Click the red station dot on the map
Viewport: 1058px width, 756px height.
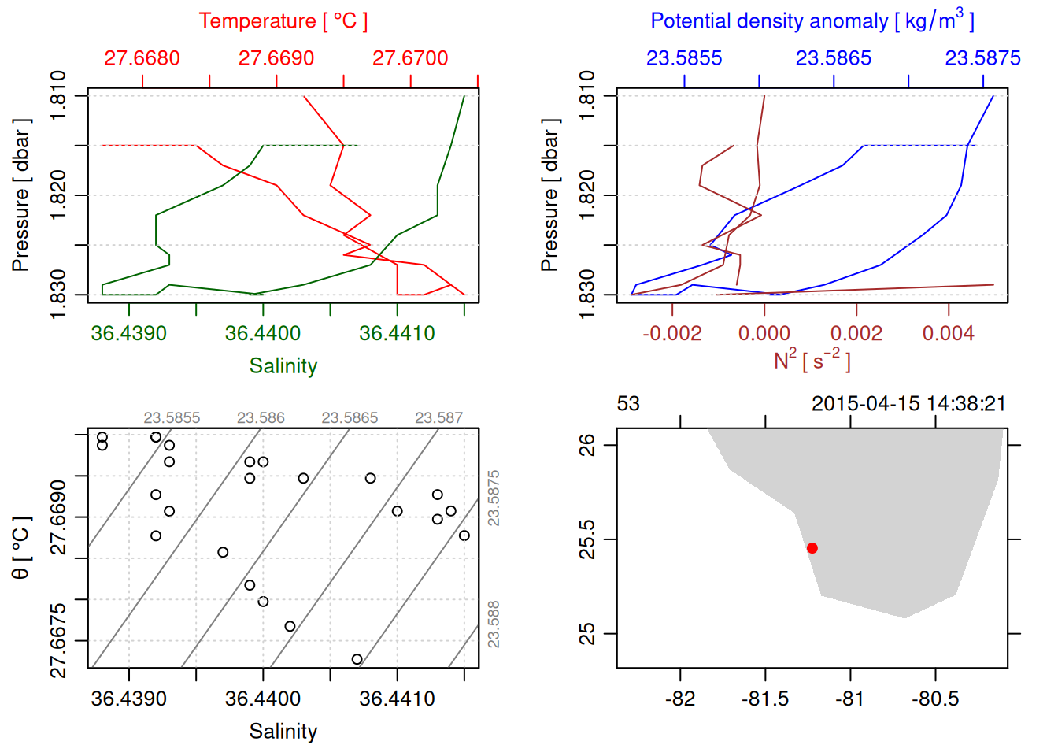coord(812,548)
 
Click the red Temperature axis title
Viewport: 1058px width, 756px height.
coord(283,21)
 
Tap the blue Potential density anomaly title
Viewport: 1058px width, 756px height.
coord(812,21)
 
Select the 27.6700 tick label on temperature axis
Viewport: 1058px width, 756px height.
coord(410,58)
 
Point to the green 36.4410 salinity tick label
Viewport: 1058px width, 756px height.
coord(397,333)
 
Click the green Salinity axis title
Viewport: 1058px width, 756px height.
coord(283,366)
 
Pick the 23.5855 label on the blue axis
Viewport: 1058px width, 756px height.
coord(684,58)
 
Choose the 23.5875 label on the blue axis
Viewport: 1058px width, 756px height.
coord(982,58)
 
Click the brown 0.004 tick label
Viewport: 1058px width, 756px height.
coord(948,333)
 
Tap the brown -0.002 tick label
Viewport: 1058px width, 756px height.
coord(671,333)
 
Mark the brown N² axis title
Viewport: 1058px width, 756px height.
coord(812,360)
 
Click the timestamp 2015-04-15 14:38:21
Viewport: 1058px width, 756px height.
coord(908,404)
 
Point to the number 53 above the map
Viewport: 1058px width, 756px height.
coord(628,404)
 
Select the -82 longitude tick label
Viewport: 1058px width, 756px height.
coord(680,699)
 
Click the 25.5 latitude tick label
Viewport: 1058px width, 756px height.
coord(588,539)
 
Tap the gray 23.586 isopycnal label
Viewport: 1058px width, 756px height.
coord(261,418)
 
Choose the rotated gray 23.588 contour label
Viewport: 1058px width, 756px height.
coord(494,624)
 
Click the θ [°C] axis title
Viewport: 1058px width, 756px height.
coord(21,548)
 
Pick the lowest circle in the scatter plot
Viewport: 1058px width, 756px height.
coord(357,659)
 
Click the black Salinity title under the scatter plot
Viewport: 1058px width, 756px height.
coord(283,732)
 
